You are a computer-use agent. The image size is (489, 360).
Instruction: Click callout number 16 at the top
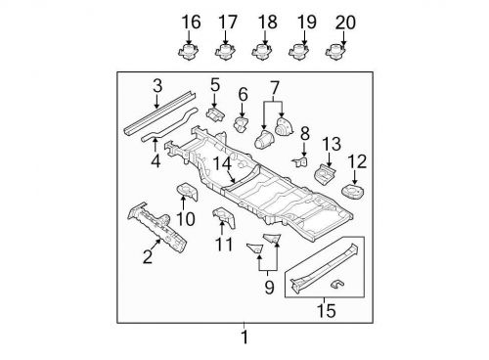click(190, 22)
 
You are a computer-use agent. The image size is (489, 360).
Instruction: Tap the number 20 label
click(345, 22)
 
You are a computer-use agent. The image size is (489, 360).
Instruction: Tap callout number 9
click(267, 287)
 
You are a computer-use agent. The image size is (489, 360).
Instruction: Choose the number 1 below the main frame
click(244, 338)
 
